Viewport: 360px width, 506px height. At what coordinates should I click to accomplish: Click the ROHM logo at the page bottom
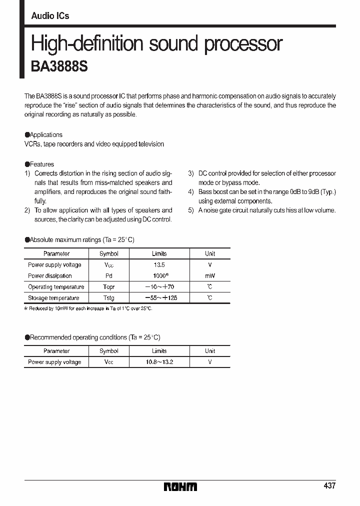(x=180, y=486)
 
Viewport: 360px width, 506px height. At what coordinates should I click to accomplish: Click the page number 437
(x=329, y=485)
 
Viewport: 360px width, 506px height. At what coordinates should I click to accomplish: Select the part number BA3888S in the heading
(x=59, y=67)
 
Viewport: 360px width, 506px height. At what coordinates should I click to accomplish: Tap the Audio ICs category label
(x=50, y=16)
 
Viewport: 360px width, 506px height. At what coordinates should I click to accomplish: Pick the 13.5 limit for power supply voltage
(x=159, y=265)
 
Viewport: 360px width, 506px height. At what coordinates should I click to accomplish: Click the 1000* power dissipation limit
(x=159, y=276)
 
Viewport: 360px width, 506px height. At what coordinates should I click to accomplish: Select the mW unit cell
(x=210, y=276)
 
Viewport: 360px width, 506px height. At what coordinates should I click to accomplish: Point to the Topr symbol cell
(x=108, y=287)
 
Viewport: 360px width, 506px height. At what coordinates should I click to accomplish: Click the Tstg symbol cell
(x=108, y=298)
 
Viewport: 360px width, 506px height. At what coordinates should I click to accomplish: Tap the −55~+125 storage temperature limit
(x=160, y=298)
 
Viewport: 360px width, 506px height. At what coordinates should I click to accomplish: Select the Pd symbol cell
(x=108, y=276)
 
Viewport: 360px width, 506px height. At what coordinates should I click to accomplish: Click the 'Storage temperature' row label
(x=53, y=298)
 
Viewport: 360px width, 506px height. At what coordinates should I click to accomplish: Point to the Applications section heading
(x=45, y=135)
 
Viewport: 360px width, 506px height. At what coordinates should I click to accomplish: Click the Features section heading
(x=41, y=164)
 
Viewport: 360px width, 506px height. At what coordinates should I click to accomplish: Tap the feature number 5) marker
(x=190, y=210)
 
